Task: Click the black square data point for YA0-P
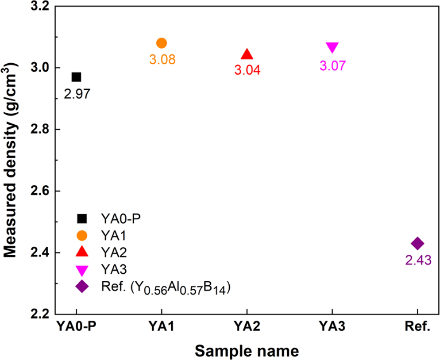click(x=76, y=77)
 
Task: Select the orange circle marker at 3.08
click(x=162, y=43)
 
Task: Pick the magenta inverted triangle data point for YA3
click(x=332, y=47)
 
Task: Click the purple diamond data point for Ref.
click(x=417, y=243)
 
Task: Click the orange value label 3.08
click(x=162, y=60)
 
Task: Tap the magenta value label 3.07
click(x=332, y=66)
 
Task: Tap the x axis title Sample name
click(x=247, y=351)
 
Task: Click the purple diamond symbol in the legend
click(x=82, y=287)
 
